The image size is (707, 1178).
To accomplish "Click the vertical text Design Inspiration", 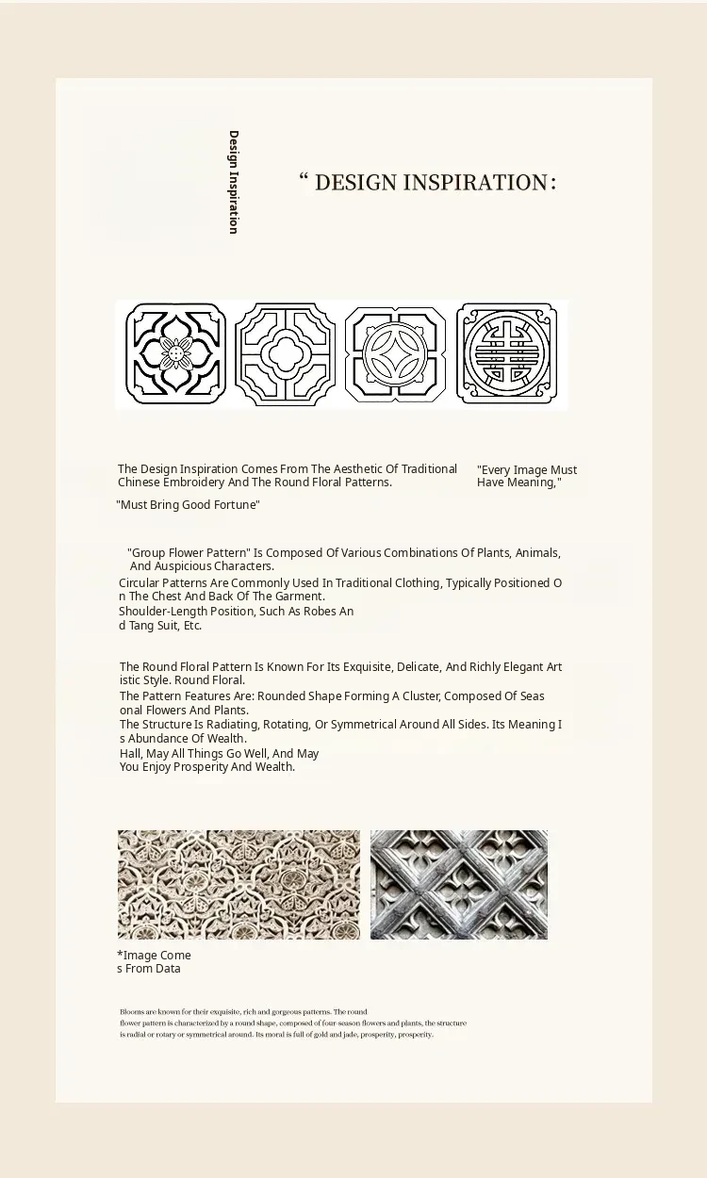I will [x=233, y=182].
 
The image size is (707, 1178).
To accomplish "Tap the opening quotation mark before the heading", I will [x=304, y=178].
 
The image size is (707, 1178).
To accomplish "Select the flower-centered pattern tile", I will [x=175, y=354].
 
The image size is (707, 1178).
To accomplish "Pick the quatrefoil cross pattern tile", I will [x=285, y=354].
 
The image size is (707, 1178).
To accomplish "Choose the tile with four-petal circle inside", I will [x=395, y=354].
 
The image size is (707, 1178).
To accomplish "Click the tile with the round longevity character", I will [x=506, y=354].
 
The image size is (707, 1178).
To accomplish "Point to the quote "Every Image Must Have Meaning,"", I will [x=526, y=476].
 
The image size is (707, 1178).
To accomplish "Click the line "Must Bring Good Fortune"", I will [x=188, y=505].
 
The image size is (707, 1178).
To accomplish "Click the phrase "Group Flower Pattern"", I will [x=189, y=553].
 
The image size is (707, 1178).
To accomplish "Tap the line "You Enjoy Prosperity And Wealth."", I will [x=207, y=767].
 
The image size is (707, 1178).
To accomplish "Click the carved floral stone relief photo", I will [x=238, y=884].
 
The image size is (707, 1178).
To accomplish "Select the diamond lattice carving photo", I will [x=459, y=884].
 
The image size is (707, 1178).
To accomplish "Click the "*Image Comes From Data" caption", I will [x=154, y=962].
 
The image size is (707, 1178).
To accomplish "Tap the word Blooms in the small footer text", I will [x=131, y=1012].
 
